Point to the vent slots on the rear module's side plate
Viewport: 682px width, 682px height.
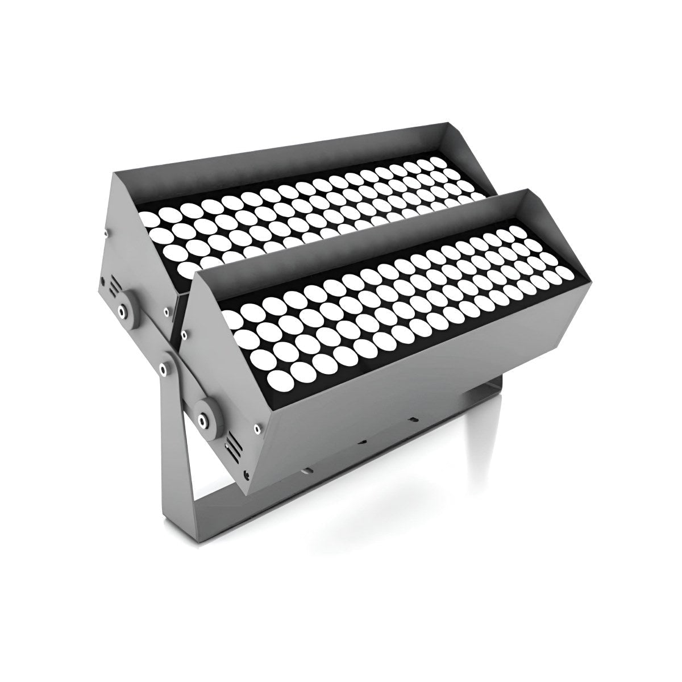point(115,286)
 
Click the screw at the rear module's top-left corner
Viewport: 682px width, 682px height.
point(106,232)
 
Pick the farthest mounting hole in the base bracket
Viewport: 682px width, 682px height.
point(413,419)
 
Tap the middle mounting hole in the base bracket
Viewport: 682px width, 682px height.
point(362,442)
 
